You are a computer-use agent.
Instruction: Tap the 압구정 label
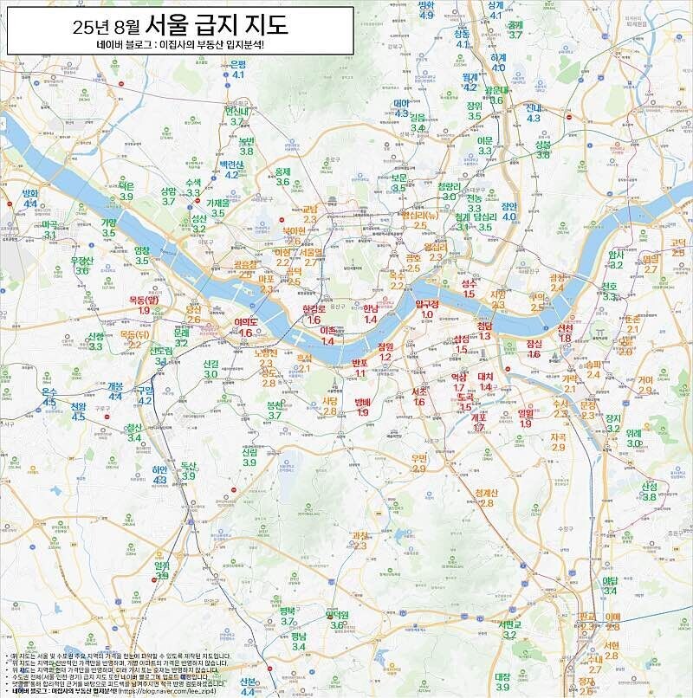(427, 305)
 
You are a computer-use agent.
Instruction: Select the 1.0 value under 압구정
(427, 315)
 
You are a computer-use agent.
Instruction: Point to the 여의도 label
(248, 321)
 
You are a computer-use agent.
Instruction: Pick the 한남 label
(370, 308)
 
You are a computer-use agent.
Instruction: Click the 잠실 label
(534, 343)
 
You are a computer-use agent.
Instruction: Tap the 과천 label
(359, 535)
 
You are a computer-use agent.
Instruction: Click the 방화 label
(30, 192)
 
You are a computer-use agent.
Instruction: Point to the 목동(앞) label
(144, 300)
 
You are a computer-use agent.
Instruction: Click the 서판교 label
(510, 624)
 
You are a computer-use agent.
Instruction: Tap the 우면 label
(419, 458)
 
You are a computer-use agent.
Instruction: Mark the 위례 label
(634, 432)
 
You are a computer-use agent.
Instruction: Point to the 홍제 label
(282, 171)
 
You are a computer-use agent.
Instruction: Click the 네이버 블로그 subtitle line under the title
(180, 44)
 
